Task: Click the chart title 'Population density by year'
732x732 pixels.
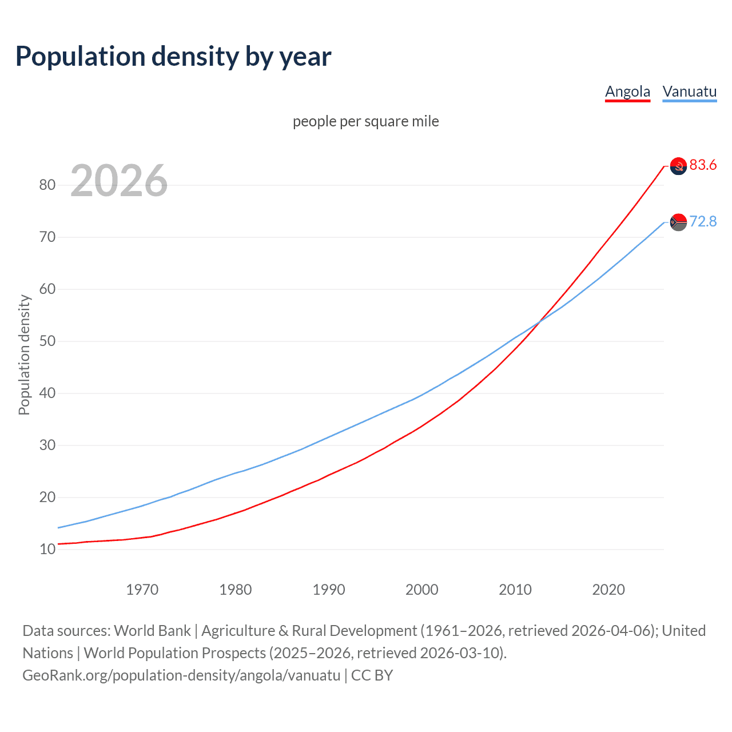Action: tap(173, 57)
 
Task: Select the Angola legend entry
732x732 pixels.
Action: tap(627, 91)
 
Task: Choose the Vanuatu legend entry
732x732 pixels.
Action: tap(689, 91)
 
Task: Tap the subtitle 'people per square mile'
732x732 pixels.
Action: tap(365, 121)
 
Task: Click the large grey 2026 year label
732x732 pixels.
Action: tap(119, 181)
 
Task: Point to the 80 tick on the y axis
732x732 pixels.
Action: tap(47, 185)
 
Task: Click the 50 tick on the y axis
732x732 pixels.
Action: tap(47, 341)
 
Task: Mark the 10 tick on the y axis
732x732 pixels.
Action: tap(47, 549)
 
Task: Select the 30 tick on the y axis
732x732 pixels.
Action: tap(47, 445)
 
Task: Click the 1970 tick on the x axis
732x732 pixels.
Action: tap(142, 590)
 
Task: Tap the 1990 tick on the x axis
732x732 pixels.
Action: tap(329, 590)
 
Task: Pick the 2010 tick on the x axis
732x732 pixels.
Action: tap(515, 590)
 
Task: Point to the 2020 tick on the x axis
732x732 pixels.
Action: tap(608, 590)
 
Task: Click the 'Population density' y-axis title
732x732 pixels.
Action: tap(24, 355)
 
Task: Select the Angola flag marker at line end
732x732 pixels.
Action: tap(678, 166)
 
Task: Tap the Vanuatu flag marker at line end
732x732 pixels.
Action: tap(678, 222)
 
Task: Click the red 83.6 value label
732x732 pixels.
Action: tap(703, 165)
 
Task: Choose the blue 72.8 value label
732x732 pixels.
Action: tap(703, 221)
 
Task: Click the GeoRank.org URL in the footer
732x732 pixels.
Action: tap(181, 675)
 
